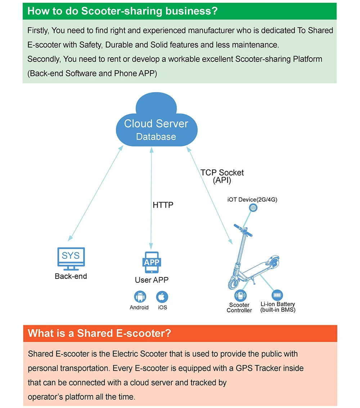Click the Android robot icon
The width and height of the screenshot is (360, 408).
click(x=140, y=296)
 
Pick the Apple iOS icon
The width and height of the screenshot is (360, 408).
click(x=162, y=297)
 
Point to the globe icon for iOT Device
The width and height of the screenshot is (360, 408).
click(x=253, y=208)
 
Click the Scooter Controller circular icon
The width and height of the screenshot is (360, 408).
click(x=240, y=296)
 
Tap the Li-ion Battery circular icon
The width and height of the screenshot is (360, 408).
click(x=278, y=295)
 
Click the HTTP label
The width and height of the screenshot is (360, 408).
click(x=163, y=205)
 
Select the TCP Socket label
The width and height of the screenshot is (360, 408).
click(x=222, y=173)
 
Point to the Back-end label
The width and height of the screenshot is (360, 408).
click(x=71, y=276)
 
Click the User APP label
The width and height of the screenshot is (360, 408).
click(x=152, y=280)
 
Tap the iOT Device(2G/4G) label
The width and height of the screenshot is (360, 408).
click(x=252, y=200)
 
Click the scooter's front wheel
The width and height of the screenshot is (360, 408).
click(x=233, y=282)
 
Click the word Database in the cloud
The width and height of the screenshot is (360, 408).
click(x=156, y=137)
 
